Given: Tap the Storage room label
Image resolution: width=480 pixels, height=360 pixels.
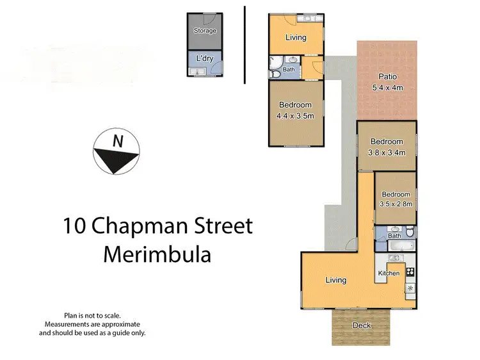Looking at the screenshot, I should tap(205, 31).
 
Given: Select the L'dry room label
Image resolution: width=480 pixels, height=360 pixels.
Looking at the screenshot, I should tap(205, 58).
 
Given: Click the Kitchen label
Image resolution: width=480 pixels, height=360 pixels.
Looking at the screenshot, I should tap(388, 274).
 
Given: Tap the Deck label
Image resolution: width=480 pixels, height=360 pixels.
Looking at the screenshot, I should tap(362, 325).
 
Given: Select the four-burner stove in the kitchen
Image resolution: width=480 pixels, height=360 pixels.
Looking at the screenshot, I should tap(410, 272).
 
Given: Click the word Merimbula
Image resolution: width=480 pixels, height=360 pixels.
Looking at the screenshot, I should tap(157, 254).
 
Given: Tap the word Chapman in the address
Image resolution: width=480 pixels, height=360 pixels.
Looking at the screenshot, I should tap(147, 226).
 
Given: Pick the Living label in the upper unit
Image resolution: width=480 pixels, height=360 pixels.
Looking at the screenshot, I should tap(295, 37).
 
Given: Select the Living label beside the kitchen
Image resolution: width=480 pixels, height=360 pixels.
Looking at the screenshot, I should tap(335, 280).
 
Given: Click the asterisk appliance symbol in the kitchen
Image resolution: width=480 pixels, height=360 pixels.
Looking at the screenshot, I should tap(409, 288).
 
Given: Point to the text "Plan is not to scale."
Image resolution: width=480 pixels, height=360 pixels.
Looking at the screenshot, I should tap(92, 315).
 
